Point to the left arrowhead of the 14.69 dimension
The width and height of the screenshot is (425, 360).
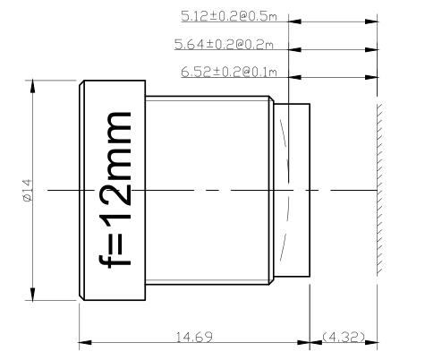[x=85, y=341]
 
